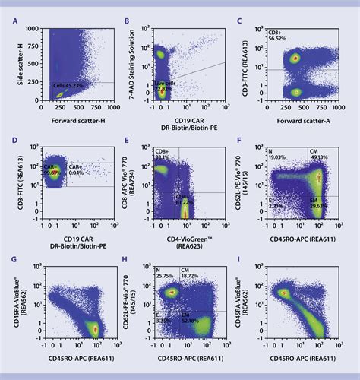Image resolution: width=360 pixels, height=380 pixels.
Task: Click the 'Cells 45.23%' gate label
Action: click(67, 85)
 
